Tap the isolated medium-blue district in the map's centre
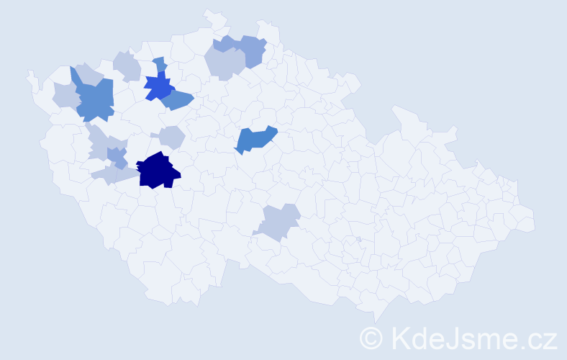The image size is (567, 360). coord(255,140)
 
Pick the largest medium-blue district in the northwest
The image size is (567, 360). coord(96,99)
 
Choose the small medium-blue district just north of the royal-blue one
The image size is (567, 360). coord(159,64)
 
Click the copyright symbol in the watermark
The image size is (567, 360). coord(371,337)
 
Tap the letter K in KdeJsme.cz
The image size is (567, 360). coord(399,337)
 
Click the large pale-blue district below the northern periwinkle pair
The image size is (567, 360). coord(224,64)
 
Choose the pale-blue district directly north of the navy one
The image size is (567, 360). coord(172,136)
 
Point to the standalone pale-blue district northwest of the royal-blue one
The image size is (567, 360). coord(127,66)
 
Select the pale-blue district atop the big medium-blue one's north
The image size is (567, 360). coord(89,73)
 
